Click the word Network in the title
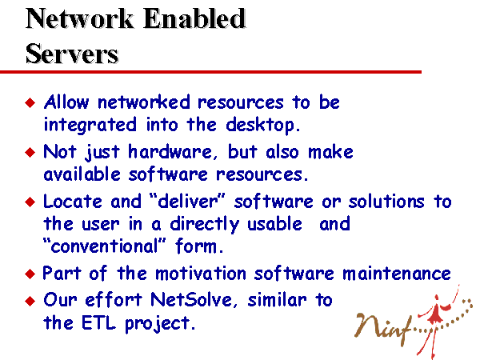79,18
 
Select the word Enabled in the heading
194,18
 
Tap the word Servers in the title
72,54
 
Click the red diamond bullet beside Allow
30,102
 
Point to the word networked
143,102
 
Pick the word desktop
262,125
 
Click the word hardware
170,151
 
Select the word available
82,174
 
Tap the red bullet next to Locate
30,202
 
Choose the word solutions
386,202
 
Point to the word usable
274,223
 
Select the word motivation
201,273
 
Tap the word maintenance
397,273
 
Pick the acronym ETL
98,322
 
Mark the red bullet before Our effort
30,301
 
